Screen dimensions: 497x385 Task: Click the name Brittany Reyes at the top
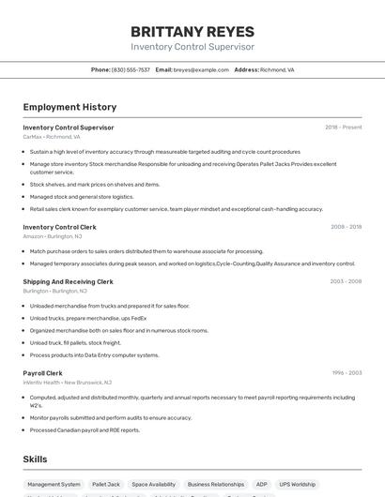click(x=192, y=32)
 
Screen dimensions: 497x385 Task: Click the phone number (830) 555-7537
click(x=131, y=69)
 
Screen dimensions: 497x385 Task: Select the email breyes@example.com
click(x=201, y=69)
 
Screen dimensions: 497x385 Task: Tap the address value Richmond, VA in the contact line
click(x=277, y=69)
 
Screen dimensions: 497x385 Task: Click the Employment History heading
click(x=69, y=107)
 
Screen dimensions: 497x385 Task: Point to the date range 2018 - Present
click(x=343, y=128)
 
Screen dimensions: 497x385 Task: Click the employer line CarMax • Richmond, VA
click(x=52, y=137)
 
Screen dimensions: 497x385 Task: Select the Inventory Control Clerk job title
click(x=59, y=227)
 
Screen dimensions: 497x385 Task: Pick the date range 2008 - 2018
click(x=346, y=227)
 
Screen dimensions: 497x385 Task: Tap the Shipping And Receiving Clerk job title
click(x=68, y=281)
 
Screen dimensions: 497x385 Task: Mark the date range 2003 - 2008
click(x=346, y=281)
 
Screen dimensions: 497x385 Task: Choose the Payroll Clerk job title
click(x=42, y=373)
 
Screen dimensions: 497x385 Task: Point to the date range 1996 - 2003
click(x=346, y=373)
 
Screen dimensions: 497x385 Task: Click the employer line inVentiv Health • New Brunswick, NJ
click(x=68, y=383)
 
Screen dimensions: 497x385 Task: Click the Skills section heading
click(x=36, y=459)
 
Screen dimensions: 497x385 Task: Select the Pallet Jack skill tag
click(x=106, y=485)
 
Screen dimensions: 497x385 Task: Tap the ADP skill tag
click(x=262, y=485)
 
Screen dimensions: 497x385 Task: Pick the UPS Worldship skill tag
click(x=298, y=485)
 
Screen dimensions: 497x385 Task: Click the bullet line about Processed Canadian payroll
click(x=85, y=430)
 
